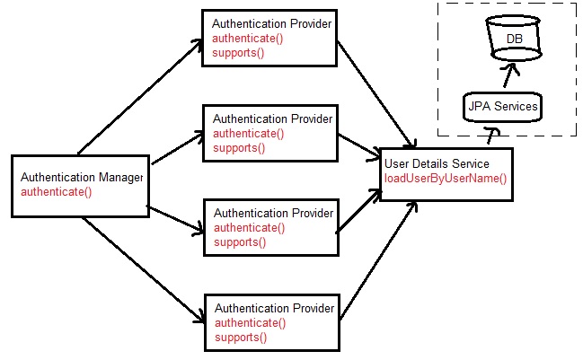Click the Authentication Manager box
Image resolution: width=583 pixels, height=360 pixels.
click(x=78, y=186)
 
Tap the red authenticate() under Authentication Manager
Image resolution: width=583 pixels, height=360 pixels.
click(x=56, y=192)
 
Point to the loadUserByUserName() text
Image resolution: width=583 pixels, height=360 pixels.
click(x=446, y=178)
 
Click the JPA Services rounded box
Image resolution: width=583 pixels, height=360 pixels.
click(x=502, y=107)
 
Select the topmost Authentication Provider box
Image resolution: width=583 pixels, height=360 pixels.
click(x=269, y=39)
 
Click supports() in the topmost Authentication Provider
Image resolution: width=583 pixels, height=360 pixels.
click(x=238, y=54)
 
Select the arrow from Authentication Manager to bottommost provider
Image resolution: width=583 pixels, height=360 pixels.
click(x=139, y=269)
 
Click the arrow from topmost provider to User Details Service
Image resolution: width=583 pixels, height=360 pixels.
click(x=377, y=94)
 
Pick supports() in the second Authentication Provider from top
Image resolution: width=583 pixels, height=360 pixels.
click(x=238, y=148)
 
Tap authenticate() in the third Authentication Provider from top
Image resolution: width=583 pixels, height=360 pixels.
click(x=249, y=228)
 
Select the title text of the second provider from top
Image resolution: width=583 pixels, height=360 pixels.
click(x=272, y=119)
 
